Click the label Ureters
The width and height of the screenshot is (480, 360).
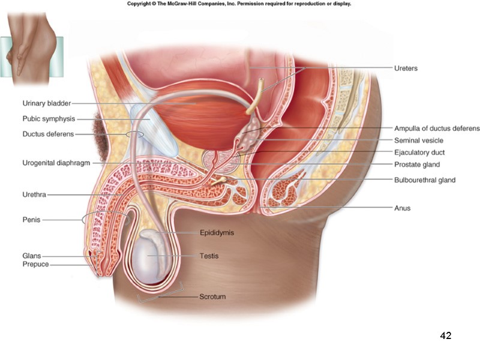point(406,68)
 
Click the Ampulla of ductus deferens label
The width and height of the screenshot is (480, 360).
point(437,128)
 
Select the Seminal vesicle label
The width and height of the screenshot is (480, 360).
point(419,140)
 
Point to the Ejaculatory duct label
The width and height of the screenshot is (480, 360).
point(419,152)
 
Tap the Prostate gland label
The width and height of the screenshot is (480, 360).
point(417,164)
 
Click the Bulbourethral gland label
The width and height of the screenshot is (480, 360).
point(425,180)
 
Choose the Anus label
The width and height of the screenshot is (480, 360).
point(402,208)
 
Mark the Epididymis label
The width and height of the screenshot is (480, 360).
point(217,232)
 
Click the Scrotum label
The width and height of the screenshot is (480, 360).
point(213,296)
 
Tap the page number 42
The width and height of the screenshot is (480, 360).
point(445,335)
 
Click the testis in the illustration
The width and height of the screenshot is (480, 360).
point(155,257)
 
